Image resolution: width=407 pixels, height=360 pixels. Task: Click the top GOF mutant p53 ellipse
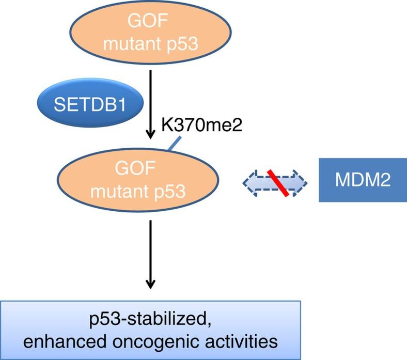point(150,33)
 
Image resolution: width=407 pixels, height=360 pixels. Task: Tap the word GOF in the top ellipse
point(150,22)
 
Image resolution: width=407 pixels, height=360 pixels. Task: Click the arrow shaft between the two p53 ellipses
point(150,98)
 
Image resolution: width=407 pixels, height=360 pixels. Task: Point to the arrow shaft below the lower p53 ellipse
point(150,248)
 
